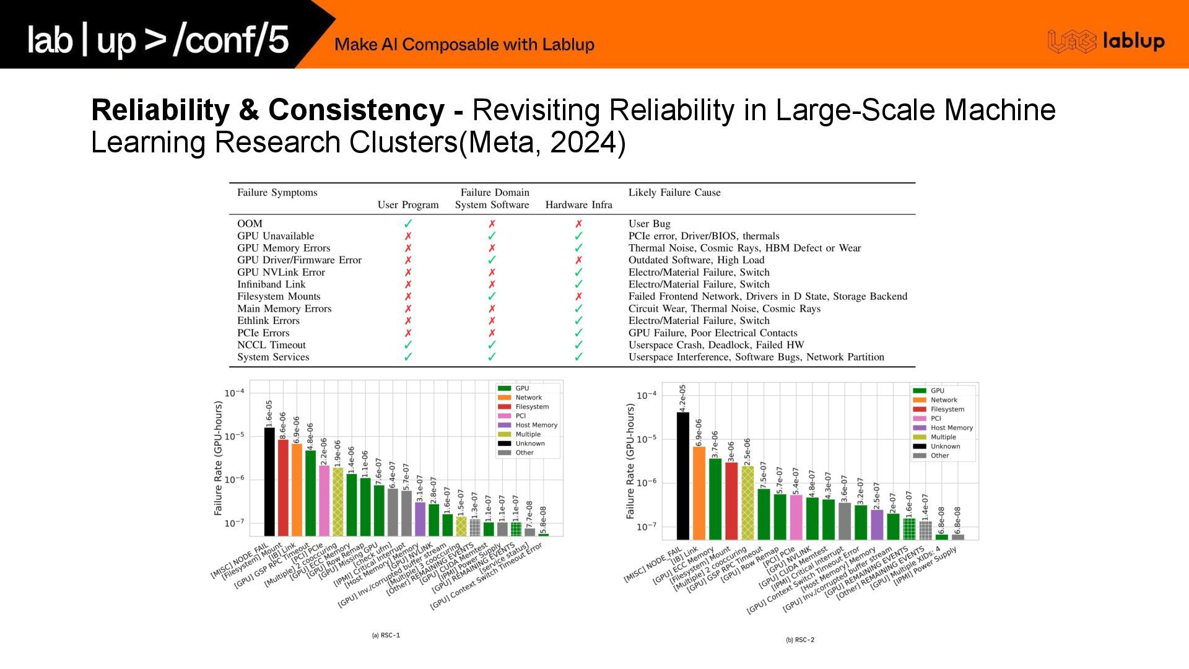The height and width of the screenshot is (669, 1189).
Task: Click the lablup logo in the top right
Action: click(x=1106, y=42)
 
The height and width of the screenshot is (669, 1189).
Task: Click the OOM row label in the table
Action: click(x=250, y=224)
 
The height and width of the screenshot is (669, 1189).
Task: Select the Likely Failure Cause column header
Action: click(x=674, y=193)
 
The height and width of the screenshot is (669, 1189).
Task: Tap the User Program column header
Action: click(x=408, y=205)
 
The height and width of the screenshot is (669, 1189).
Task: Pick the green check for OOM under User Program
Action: click(x=408, y=224)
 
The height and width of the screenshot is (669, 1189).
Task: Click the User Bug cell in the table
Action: click(x=649, y=224)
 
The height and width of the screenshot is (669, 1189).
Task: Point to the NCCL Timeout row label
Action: click(x=271, y=345)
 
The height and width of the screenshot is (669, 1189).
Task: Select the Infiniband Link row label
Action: click(x=271, y=284)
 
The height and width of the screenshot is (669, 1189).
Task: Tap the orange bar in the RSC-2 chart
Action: click(x=699, y=493)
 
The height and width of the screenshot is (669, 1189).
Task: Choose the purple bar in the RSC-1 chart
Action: click(x=420, y=518)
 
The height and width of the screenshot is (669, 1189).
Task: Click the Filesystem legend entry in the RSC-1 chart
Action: click(x=531, y=407)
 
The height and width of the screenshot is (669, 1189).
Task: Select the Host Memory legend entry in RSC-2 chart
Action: click(x=951, y=428)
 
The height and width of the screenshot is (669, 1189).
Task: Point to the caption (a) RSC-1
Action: click(x=386, y=636)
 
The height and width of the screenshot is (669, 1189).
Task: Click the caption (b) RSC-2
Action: click(x=800, y=640)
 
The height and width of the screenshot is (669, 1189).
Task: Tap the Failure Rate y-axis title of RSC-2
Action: click(x=630, y=461)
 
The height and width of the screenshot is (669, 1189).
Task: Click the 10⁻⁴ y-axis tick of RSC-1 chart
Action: click(x=234, y=393)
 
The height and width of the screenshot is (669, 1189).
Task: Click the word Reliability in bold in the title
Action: click(x=160, y=110)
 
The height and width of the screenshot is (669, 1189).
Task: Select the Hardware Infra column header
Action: click(x=578, y=205)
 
